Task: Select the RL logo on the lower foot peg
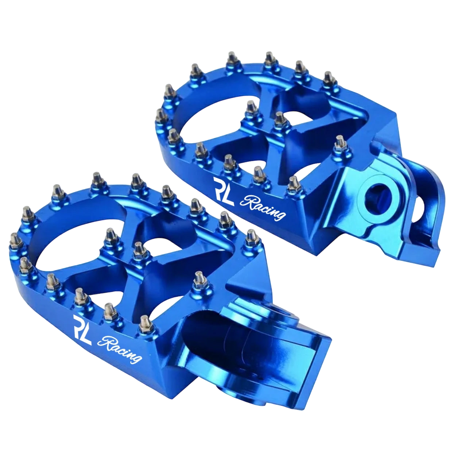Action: [82, 330]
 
